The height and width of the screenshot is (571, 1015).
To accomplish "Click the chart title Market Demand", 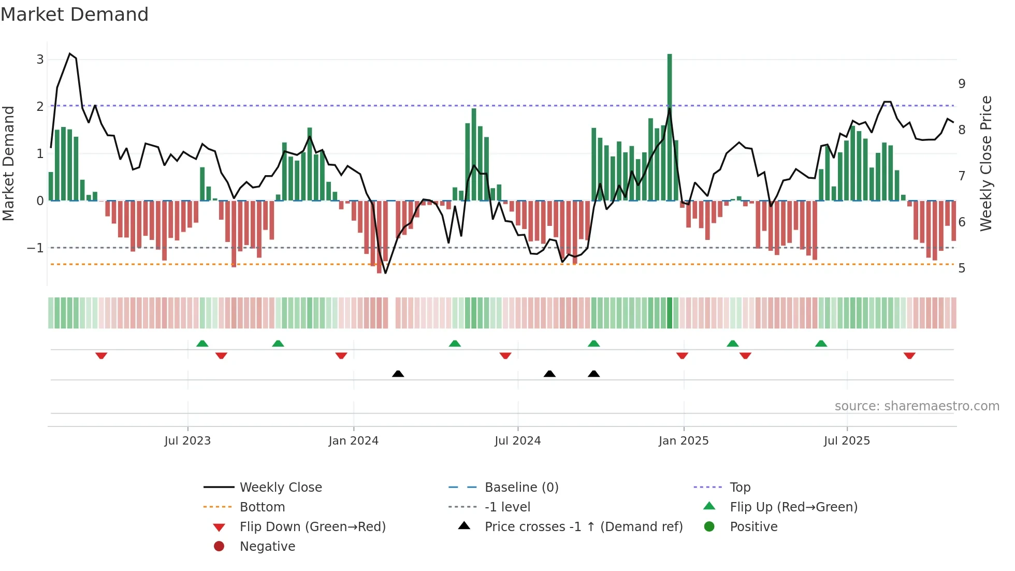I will tap(75, 15).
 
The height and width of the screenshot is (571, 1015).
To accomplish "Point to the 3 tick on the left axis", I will tap(40, 60).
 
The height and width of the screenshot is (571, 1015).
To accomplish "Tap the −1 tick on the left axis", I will tap(35, 248).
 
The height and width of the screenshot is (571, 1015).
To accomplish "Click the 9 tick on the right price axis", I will tap(962, 84).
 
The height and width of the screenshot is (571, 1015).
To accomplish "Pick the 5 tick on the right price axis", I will tap(962, 268).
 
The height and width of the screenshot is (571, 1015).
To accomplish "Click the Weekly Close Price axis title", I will tap(986, 163).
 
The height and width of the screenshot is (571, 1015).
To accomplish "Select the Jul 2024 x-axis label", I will tap(517, 441).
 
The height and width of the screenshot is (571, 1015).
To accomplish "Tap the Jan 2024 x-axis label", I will tap(353, 441).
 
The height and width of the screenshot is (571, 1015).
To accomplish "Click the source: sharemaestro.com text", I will tap(917, 406).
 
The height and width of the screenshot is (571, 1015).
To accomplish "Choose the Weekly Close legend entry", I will tap(280, 488).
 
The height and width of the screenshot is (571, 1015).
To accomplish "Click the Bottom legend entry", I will tap(262, 507).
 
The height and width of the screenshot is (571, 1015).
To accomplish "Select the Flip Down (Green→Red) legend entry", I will tap(312, 527).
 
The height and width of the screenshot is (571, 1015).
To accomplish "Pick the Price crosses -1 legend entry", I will tap(583, 527).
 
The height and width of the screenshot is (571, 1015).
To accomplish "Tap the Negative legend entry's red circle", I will tap(219, 547).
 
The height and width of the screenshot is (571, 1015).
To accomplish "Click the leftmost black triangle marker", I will tap(398, 374).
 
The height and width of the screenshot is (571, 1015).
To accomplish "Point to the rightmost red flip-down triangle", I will tap(909, 355).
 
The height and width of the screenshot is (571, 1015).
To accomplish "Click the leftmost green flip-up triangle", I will tap(202, 344).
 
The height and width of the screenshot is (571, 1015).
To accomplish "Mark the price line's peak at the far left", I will tap(70, 54).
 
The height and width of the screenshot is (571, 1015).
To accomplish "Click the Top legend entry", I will tap(740, 488).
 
